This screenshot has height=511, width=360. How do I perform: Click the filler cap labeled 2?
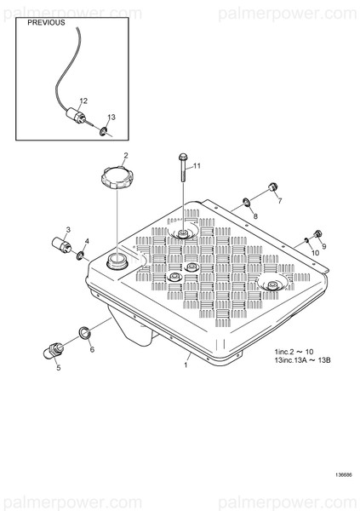pyautogui.click(x=117, y=178)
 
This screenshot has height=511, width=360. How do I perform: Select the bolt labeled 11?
pyautogui.click(x=183, y=168)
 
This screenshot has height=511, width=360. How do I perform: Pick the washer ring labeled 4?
pyautogui.click(x=80, y=255)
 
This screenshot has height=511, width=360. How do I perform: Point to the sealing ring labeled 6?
pyautogui.click(x=85, y=332)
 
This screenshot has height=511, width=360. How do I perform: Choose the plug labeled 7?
pyautogui.click(x=272, y=187)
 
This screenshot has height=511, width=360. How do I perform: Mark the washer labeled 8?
pyautogui.click(x=246, y=202)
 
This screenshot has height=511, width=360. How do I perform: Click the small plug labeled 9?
pyautogui.click(x=317, y=233)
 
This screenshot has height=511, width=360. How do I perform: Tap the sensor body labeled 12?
pyautogui.click(x=76, y=115)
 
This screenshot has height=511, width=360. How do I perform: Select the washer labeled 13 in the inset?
pyautogui.click(x=103, y=132)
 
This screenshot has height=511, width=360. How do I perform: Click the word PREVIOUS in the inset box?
pyautogui.click(x=46, y=22)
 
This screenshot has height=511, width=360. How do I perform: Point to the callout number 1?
pyautogui.click(x=186, y=365)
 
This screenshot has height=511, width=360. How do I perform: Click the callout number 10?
pyautogui.click(x=315, y=253)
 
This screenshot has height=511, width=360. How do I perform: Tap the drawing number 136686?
pyautogui.click(x=344, y=475)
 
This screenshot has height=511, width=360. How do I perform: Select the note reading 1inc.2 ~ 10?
pyautogui.click(x=294, y=352)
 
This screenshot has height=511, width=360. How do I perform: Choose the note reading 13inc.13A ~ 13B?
pyautogui.click(x=303, y=360)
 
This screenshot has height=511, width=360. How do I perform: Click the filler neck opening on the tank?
pyautogui.click(x=117, y=261)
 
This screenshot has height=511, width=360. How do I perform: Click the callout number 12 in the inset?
pyautogui.click(x=83, y=100)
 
